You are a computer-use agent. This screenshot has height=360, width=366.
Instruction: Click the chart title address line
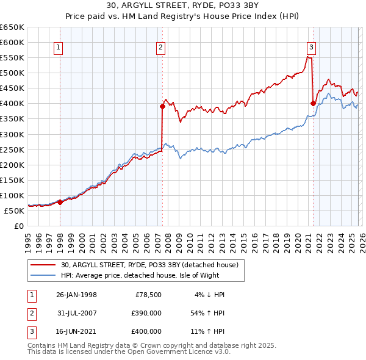tap(182, 6)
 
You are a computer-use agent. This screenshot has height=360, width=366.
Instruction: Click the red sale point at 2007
tap(163, 106)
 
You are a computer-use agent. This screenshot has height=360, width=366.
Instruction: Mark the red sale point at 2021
tap(313, 103)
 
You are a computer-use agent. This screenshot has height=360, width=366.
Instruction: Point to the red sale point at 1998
tap(60, 202)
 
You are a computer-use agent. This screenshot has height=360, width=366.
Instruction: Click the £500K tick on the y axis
tap(13, 73)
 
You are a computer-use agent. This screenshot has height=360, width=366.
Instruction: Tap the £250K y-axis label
tap(13, 149)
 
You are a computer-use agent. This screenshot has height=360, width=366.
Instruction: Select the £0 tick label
tap(20, 226)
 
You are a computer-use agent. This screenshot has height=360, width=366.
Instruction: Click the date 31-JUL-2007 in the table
tap(77, 313)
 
